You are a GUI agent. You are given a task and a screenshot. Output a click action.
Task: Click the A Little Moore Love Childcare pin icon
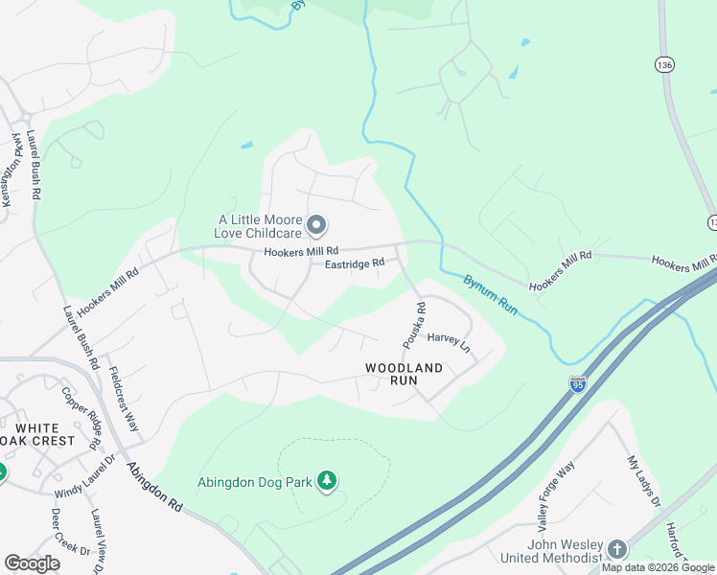317,226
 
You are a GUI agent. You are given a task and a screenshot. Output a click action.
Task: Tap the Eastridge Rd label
354,264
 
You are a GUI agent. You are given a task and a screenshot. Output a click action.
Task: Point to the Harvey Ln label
449,340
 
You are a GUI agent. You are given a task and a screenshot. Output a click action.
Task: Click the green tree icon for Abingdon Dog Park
328,480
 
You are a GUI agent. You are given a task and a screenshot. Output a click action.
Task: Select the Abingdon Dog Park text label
255,482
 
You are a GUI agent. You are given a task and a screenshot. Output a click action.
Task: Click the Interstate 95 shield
577,384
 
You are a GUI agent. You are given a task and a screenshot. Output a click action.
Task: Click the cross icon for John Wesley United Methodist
617,550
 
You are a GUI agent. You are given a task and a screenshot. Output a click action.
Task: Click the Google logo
32,563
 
